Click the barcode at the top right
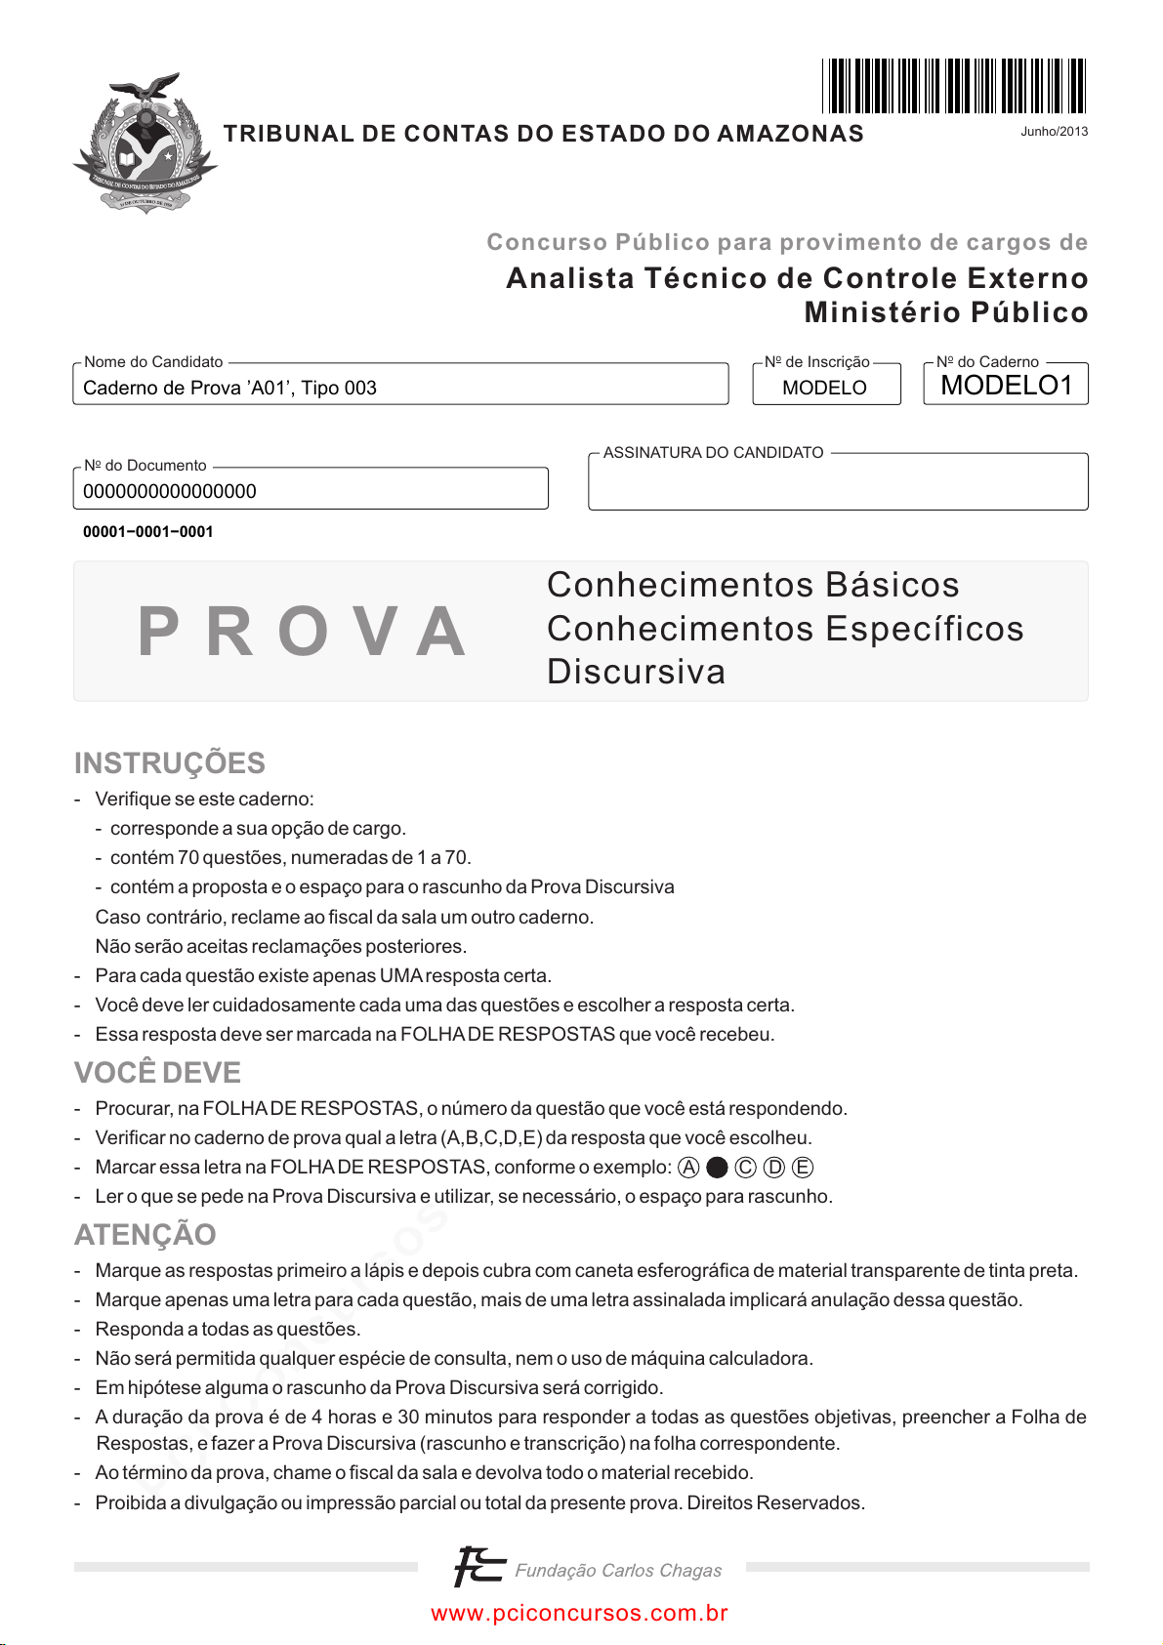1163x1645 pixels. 953,86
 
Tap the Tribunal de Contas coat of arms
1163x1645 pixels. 145,143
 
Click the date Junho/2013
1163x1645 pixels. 1054,132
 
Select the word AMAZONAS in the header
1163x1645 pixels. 790,134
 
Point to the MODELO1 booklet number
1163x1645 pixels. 1006,386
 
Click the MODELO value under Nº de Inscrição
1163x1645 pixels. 824,388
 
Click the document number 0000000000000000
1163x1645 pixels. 170,491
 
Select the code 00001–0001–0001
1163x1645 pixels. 148,532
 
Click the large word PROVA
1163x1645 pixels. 302,632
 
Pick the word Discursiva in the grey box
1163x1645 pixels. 636,672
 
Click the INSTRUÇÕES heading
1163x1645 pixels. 170,762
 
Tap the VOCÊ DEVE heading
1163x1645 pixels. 157,1072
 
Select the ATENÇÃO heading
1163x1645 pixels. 145,1234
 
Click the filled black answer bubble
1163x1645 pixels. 717,1168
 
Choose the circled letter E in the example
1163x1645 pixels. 803,1168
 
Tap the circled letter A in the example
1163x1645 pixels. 689,1168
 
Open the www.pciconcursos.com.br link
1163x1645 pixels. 579,1613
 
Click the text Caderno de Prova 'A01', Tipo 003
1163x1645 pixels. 230,388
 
